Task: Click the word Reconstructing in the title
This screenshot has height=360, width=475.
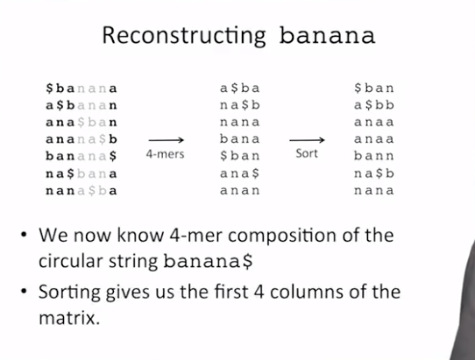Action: (184, 36)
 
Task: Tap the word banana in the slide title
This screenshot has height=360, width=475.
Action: (327, 35)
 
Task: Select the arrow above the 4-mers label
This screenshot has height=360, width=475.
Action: (167, 140)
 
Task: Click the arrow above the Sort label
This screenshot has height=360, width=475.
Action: (308, 140)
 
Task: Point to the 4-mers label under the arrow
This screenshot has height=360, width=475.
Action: (165, 154)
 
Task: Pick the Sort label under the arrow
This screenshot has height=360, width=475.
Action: (307, 153)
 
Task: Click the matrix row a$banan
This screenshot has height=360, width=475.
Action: (82, 105)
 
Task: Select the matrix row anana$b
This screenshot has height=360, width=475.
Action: (82, 139)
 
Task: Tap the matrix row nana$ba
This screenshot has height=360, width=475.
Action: (82, 191)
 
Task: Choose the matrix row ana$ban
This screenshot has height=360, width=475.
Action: (82, 123)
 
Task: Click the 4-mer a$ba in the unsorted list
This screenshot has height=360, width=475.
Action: (240, 88)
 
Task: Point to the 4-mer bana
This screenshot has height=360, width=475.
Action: (240, 139)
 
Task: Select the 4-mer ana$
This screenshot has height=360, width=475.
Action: (240, 173)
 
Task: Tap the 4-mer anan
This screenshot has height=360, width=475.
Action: (240, 191)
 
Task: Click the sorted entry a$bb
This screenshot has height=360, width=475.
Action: (374, 105)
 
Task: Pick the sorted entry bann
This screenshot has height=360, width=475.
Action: (374, 156)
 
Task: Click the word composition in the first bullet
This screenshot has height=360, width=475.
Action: (282, 236)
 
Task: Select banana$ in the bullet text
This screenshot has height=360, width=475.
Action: (208, 261)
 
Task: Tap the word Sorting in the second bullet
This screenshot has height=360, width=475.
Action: (69, 293)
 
